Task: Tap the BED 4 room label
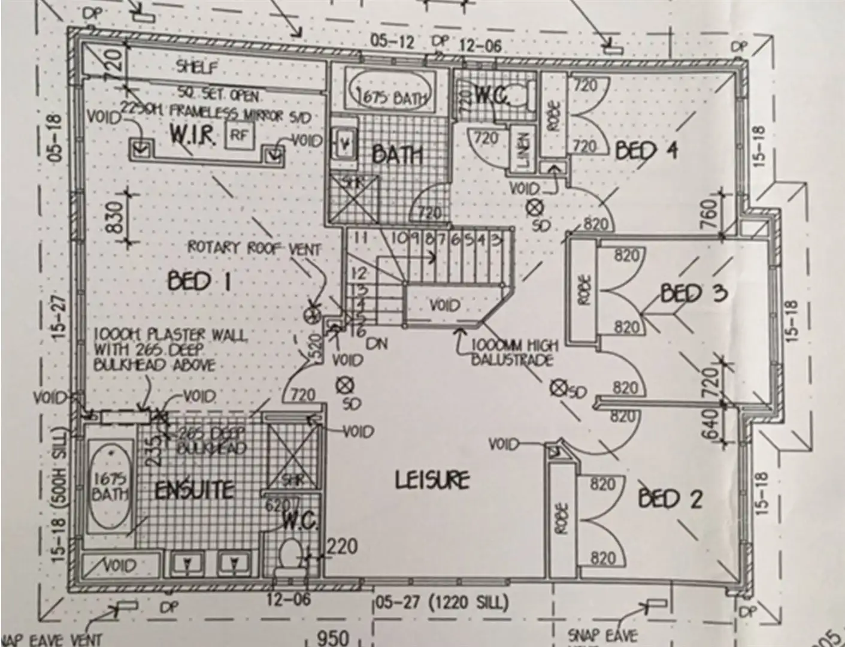[x=647, y=150]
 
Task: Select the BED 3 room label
[x=693, y=293]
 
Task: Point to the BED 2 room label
[x=670, y=498]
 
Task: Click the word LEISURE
[x=432, y=479]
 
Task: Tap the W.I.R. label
[x=192, y=135]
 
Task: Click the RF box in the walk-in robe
[x=238, y=135]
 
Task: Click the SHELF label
[x=197, y=67]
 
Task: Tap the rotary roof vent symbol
[x=311, y=315]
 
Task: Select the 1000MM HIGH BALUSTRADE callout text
[x=514, y=352]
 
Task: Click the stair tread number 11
[x=359, y=238]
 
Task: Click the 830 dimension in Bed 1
[x=115, y=217]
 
